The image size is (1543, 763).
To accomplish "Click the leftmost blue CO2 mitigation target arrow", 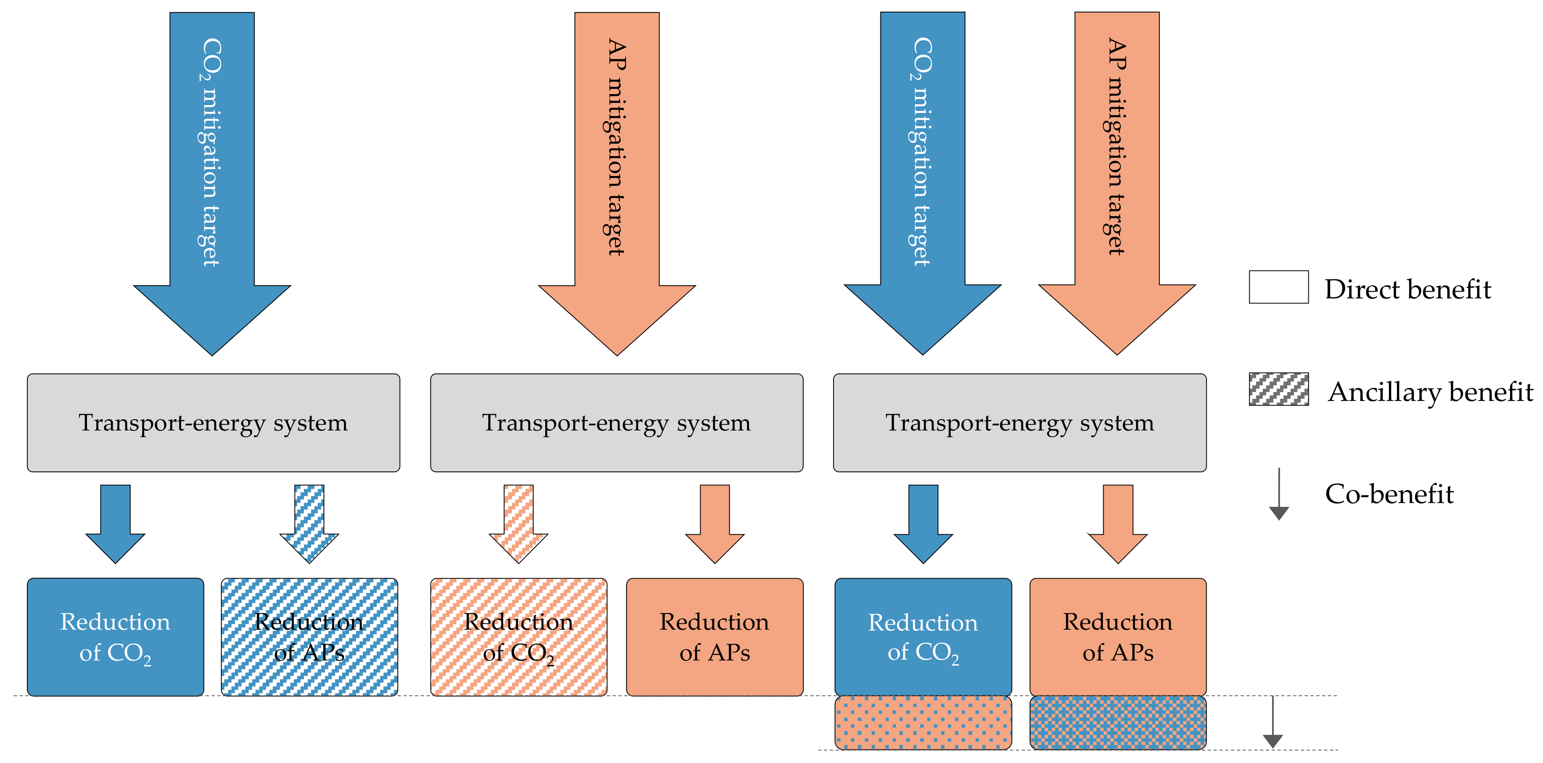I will [x=212, y=180].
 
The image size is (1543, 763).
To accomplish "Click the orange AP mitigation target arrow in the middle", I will [x=617, y=180].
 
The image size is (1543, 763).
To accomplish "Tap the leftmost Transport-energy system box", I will [x=213, y=423].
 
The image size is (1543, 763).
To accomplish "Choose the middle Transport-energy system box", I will [x=616, y=423].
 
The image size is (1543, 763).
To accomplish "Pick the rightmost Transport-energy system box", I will [x=1020, y=423].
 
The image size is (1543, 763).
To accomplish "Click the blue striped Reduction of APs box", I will [x=309, y=637].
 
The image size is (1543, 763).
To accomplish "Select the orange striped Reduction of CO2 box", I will [x=519, y=637].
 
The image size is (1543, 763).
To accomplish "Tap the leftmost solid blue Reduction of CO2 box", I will [x=116, y=637].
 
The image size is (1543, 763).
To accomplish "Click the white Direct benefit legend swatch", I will [x=1278, y=287].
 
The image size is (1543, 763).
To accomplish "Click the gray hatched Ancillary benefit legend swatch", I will [x=1278, y=389].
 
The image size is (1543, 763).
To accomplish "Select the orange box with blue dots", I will [x=923, y=722].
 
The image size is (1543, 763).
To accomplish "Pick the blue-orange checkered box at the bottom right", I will [x=1118, y=722].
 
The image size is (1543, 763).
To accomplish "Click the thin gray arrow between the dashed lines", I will [x=1272, y=722].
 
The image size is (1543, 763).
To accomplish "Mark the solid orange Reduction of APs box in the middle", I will [x=715, y=637].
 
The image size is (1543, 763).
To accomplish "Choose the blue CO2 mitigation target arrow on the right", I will [x=923, y=180].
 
